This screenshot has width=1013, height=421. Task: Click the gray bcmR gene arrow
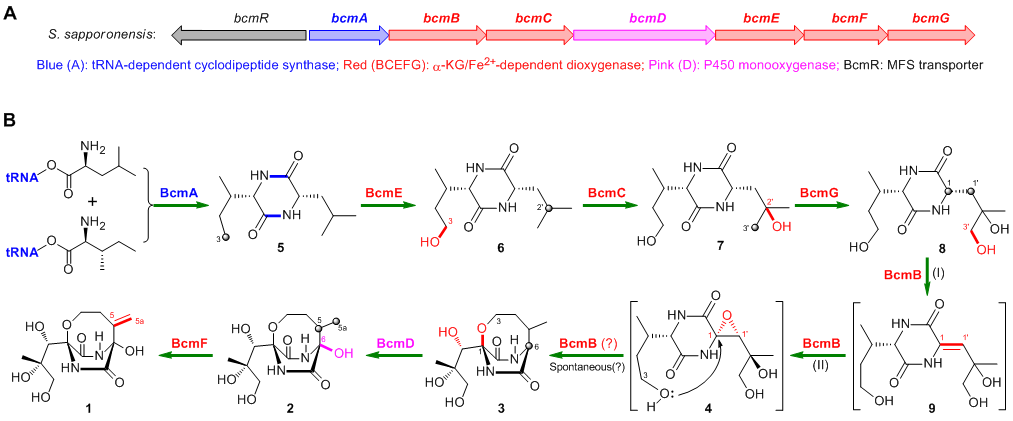[x=239, y=34]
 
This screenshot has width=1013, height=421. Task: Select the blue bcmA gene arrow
[x=348, y=34]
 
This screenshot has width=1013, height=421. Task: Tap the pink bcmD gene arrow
[x=644, y=34]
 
